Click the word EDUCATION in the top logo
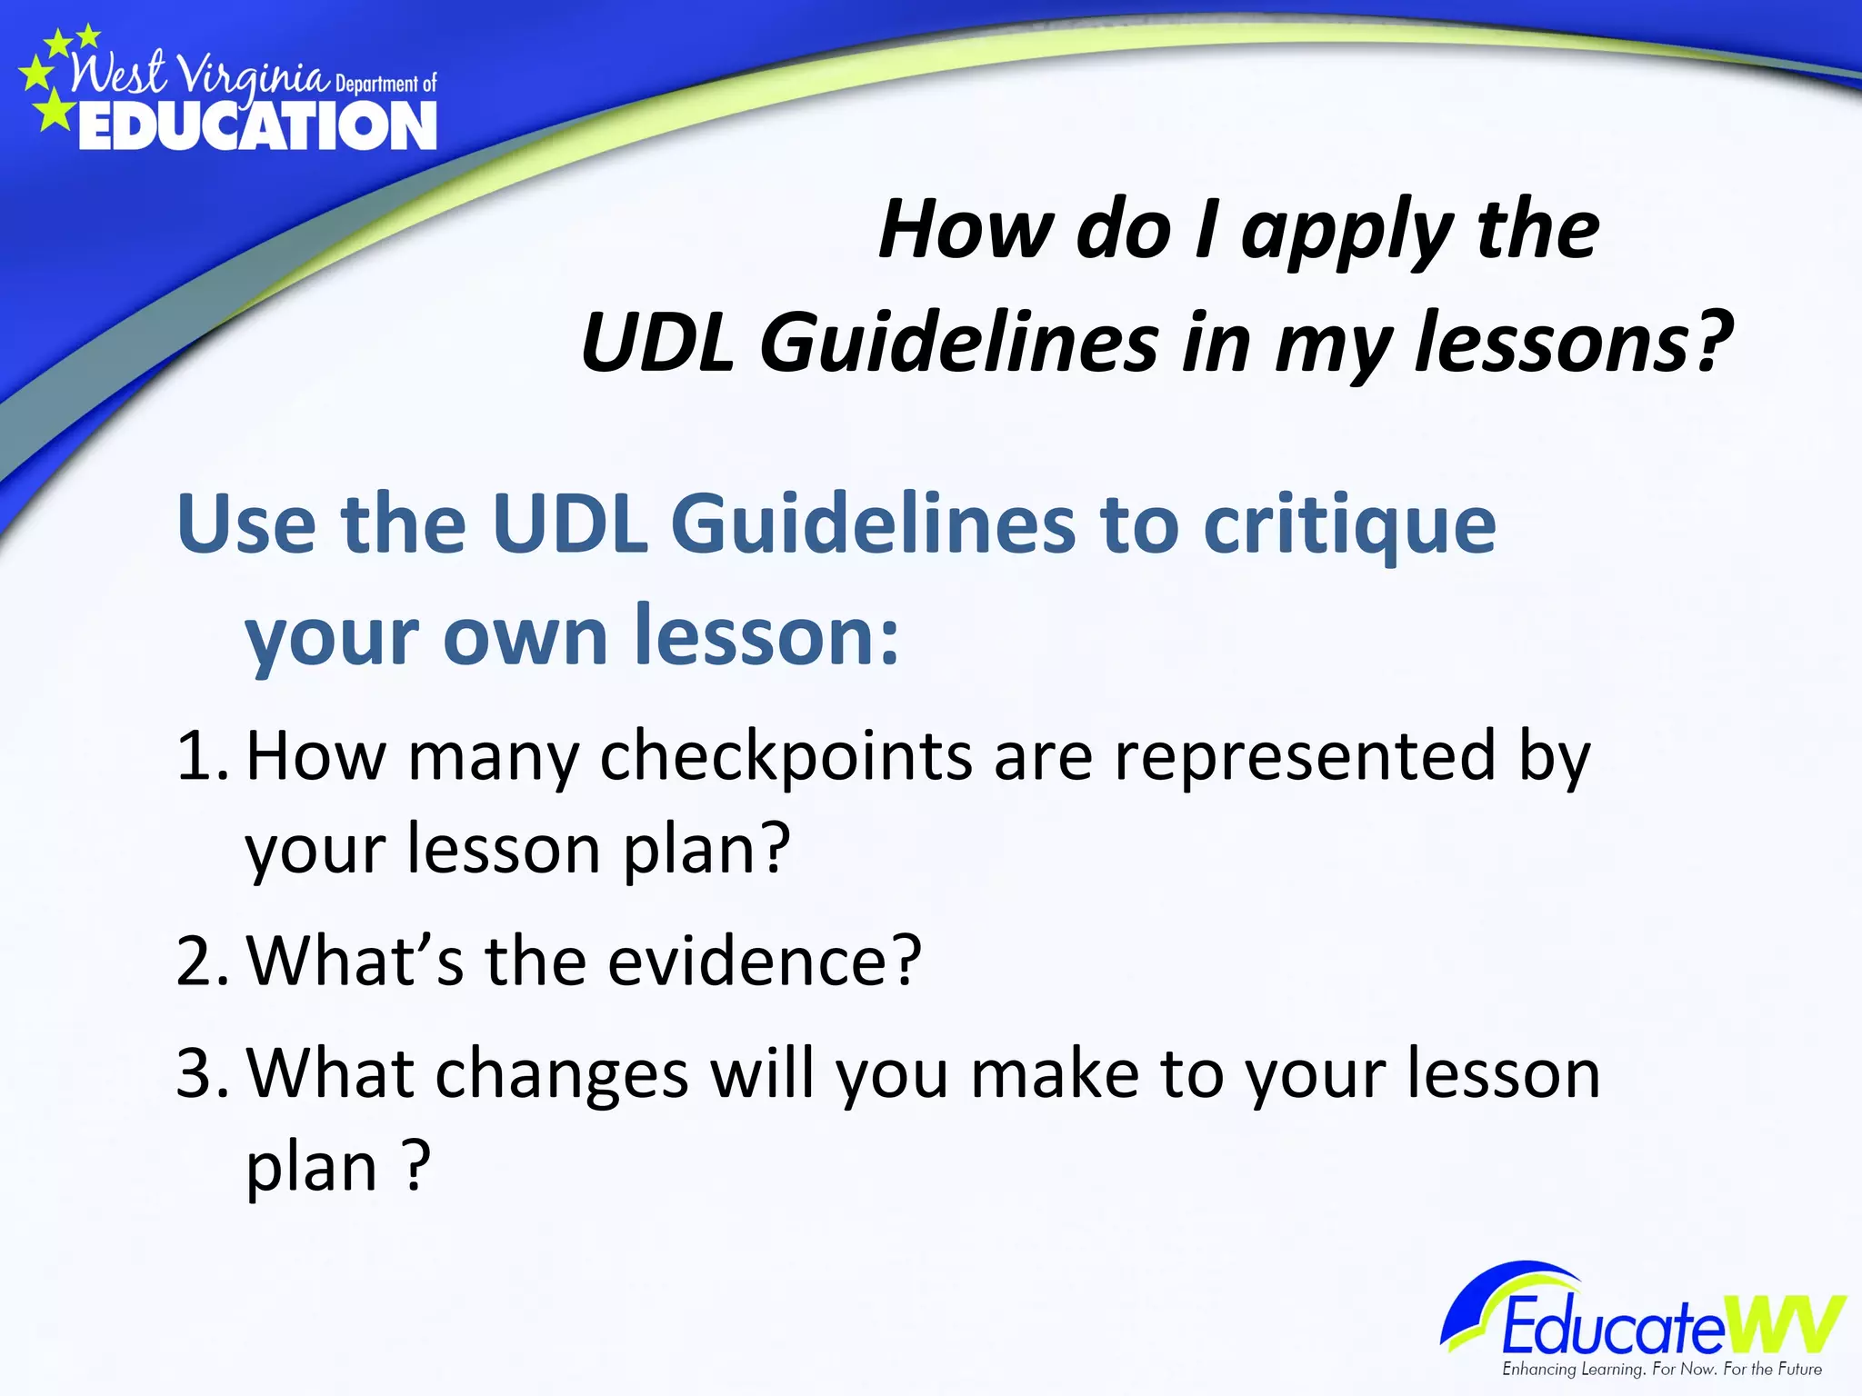coord(257,125)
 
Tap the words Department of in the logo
coord(386,85)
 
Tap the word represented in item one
coord(1304,757)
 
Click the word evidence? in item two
coord(764,961)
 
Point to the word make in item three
coord(1055,1073)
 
